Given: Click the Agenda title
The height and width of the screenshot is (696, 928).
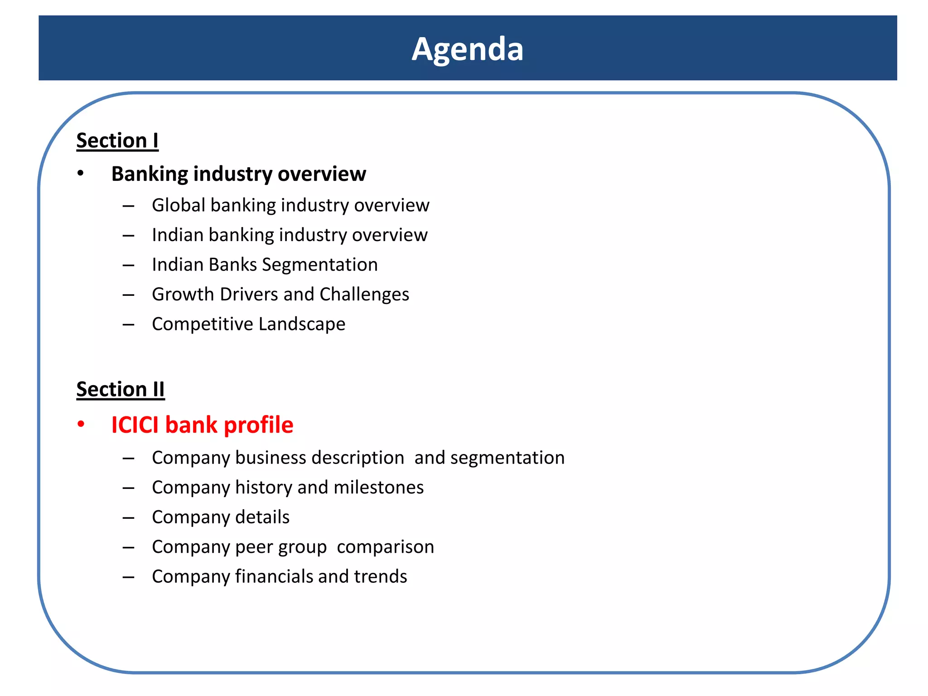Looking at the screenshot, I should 467,49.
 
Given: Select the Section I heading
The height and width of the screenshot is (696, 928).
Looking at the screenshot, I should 117,140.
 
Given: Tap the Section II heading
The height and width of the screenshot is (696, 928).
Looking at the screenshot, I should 121,389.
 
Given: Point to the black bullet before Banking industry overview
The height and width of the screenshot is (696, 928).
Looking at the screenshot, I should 80,174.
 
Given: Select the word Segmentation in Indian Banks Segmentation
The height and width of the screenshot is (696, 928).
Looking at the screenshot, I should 320,265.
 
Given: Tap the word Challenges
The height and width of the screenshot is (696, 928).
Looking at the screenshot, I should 364,295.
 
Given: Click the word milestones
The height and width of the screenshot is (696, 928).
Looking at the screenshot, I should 378,488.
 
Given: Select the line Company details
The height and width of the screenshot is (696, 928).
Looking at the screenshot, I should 221,517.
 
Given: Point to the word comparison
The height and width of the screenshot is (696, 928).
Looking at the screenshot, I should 385,547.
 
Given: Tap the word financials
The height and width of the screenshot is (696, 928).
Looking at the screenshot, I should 274,577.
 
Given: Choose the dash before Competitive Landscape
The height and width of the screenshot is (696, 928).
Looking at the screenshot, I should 128,324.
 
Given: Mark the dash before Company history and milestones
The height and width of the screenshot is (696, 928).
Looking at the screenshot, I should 128,488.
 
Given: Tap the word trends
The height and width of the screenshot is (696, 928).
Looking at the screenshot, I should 381,577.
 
